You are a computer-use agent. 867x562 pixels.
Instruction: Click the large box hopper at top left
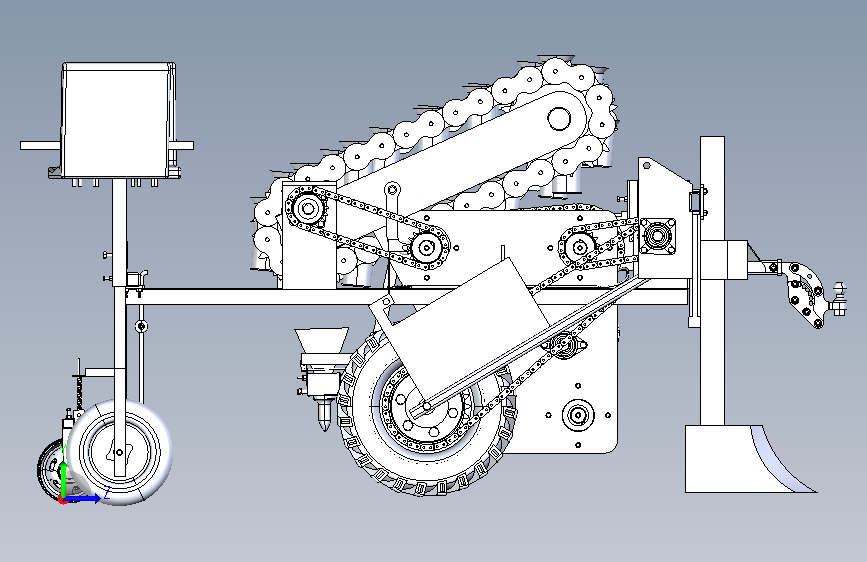(x=118, y=120)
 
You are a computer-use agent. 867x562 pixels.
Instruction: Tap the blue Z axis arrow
(x=82, y=498)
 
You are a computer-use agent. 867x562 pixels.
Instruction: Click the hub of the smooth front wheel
(x=119, y=452)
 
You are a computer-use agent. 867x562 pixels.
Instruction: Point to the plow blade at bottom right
(x=746, y=459)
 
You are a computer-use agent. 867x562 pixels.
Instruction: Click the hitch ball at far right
(x=840, y=288)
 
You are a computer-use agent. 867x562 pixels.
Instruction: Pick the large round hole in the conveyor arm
(x=559, y=118)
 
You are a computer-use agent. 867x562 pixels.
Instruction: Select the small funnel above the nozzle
(x=322, y=344)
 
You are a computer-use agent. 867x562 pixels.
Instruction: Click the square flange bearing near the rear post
(x=656, y=236)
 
